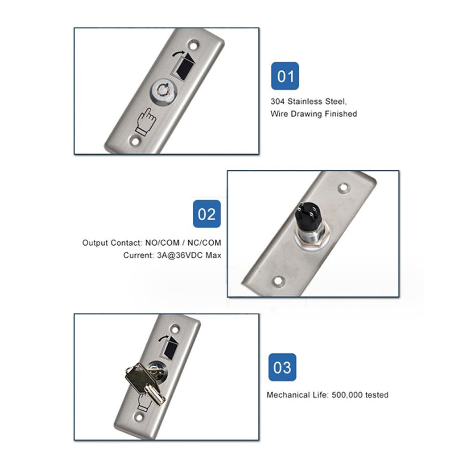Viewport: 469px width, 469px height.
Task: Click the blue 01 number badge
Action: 285,76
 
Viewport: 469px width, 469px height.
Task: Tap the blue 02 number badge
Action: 207,214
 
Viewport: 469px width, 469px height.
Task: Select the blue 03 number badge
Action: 282,367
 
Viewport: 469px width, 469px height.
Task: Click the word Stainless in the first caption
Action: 305,102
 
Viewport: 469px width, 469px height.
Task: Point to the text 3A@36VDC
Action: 180,256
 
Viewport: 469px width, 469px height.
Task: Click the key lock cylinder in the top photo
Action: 164,91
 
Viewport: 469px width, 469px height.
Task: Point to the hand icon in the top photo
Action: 146,122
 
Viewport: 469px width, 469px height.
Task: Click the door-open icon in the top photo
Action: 183,65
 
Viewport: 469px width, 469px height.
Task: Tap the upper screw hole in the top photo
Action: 193,45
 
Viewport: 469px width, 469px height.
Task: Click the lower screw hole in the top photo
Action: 135,141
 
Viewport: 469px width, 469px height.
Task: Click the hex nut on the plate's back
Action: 312,237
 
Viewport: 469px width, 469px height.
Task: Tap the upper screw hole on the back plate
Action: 343,188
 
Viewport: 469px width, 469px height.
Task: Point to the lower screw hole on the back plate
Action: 278,281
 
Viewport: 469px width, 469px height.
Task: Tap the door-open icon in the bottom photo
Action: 169,347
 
